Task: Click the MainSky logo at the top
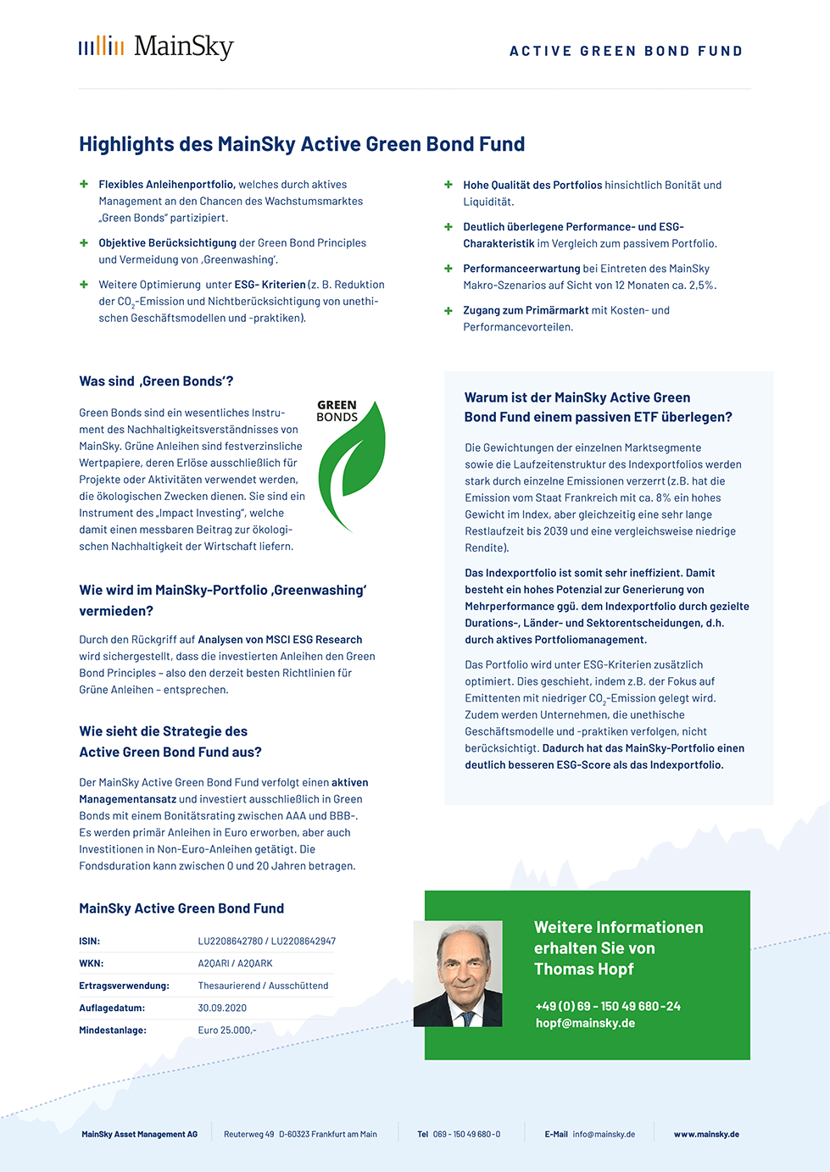(x=156, y=47)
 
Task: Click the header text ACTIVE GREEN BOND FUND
(x=626, y=51)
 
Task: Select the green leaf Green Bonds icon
(x=351, y=464)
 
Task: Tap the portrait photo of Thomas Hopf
(x=458, y=974)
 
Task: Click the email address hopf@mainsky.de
(x=585, y=1023)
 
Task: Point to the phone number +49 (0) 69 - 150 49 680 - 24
(x=608, y=1006)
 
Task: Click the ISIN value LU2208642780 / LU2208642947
(x=267, y=941)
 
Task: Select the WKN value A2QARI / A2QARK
(x=236, y=964)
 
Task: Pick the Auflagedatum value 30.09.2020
(x=222, y=1008)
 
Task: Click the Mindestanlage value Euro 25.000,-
(x=227, y=1030)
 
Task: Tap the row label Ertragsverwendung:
(x=124, y=986)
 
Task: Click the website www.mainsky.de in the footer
(x=706, y=1134)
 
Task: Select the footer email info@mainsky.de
(x=604, y=1134)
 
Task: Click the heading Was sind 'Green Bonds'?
(x=156, y=381)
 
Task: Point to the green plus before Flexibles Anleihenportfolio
(x=84, y=184)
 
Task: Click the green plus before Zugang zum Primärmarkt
(x=448, y=310)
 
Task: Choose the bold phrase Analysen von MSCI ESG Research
(x=280, y=640)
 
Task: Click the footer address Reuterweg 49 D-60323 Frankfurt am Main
(x=300, y=1134)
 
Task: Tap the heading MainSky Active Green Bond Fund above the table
(x=181, y=908)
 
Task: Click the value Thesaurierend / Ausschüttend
(x=263, y=986)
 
